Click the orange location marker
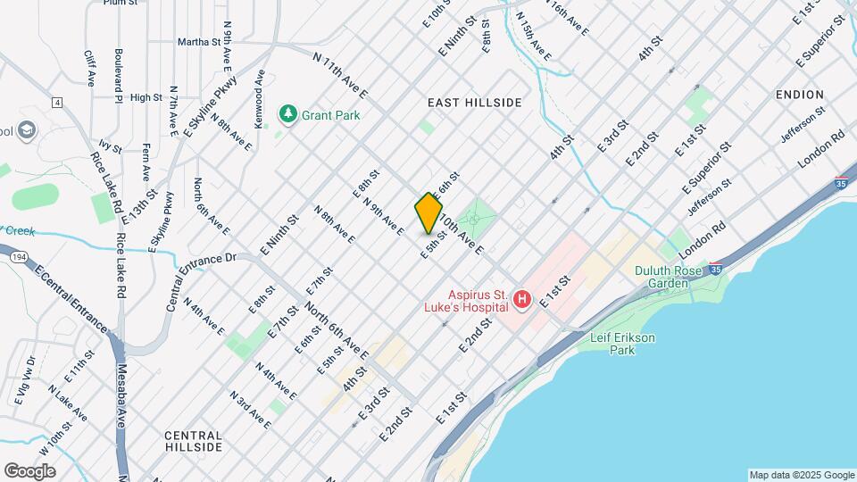tap(428, 213)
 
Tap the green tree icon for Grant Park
tap(287, 113)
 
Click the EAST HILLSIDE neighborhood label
tap(474, 103)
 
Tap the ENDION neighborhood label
tap(799, 95)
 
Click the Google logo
tap(29, 470)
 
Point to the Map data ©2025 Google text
tap(801, 475)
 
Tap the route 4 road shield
tap(57, 103)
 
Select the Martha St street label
tap(198, 41)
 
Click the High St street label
tap(146, 97)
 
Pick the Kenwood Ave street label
tap(259, 99)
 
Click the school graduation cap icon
tap(26, 131)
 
